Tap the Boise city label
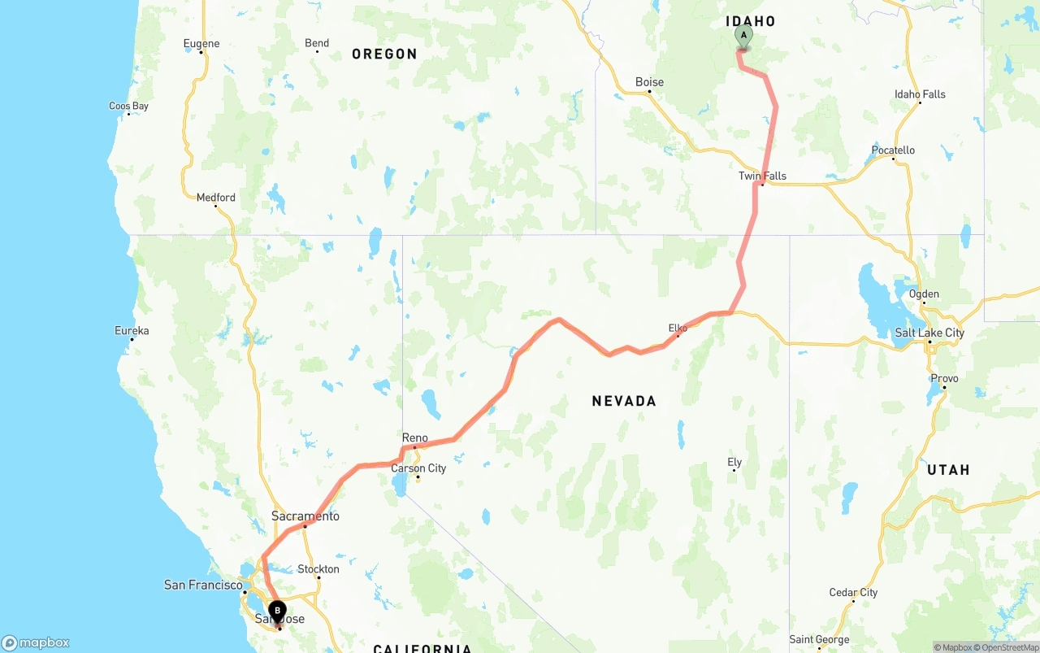tap(649, 82)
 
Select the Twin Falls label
tap(762, 176)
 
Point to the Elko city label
tap(678, 329)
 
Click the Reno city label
tap(414, 438)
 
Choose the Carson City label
tap(418, 468)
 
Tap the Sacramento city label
tap(305, 516)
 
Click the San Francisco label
tap(203, 585)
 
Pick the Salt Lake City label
tap(929, 333)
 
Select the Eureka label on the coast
tap(132, 331)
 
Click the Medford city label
tap(216, 198)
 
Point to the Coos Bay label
tap(129, 107)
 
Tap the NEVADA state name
tap(624, 401)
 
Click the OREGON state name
tap(384, 54)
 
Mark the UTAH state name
tap(948, 470)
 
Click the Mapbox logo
tap(36, 642)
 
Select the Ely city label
tap(734, 463)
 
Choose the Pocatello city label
tap(893, 150)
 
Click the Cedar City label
tap(853, 593)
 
